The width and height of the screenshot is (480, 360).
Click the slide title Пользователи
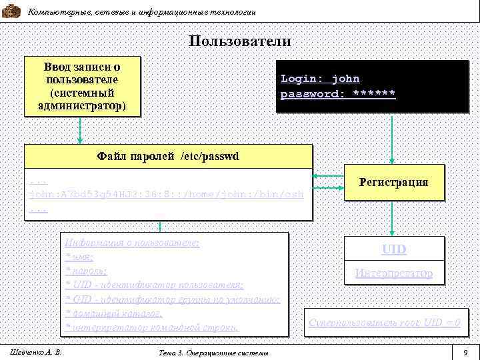coord(239,41)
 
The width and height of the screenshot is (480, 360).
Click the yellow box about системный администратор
coord(82,87)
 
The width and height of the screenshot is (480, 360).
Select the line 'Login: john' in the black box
coord(320,79)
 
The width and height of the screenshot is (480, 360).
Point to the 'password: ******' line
coord(337,94)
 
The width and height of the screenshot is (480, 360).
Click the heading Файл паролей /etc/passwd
coord(167,157)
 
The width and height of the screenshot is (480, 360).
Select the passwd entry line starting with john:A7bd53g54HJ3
coord(167,194)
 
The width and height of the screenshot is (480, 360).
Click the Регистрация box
coord(393,182)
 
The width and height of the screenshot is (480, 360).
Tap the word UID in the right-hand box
coord(393,250)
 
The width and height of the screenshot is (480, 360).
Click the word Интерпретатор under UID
coord(393,273)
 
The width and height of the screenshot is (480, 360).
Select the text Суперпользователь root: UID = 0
coord(385,323)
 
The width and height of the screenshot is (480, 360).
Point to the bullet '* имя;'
coord(79,257)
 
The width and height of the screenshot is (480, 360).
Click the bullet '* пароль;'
coord(87,271)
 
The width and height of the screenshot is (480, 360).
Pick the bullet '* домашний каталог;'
coord(113,313)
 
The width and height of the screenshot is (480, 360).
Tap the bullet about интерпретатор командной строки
coord(151,327)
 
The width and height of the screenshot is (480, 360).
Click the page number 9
coord(465,351)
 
